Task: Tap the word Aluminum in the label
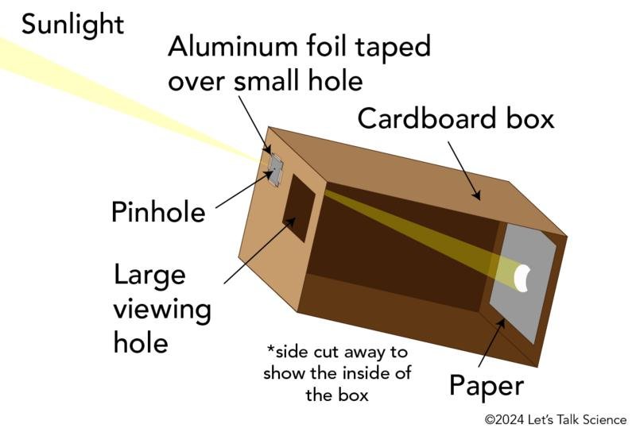click(x=232, y=46)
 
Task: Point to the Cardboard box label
click(x=456, y=118)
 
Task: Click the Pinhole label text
click(x=158, y=211)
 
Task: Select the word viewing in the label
click(x=162, y=310)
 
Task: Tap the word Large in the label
click(x=149, y=276)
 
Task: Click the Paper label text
click(x=487, y=387)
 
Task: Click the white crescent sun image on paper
click(x=522, y=278)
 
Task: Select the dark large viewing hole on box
click(x=299, y=208)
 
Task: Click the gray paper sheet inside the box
click(x=523, y=283)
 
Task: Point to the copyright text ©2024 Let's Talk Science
click(x=556, y=420)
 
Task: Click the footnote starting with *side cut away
click(x=337, y=372)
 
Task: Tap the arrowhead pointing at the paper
click(x=502, y=323)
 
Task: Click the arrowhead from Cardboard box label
click(x=477, y=195)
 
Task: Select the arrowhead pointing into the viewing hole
click(x=290, y=222)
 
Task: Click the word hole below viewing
click(x=141, y=342)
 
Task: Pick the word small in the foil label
click(x=266, y=80)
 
